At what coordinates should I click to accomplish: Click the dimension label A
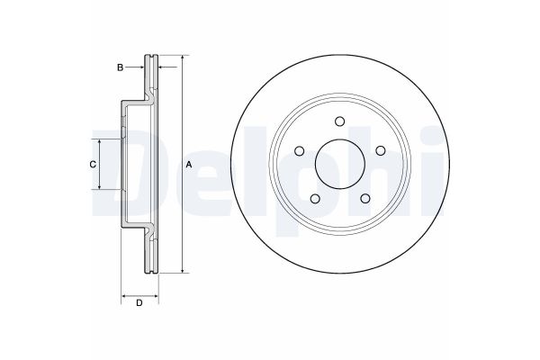189,165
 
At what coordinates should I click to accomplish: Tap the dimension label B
118,67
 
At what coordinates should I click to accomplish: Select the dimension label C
92,165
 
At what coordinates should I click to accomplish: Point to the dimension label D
139,302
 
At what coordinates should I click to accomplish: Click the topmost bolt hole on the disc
338,123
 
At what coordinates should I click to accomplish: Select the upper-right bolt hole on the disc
378,152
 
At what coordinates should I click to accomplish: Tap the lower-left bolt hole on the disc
314,199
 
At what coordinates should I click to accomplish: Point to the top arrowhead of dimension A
183,58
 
